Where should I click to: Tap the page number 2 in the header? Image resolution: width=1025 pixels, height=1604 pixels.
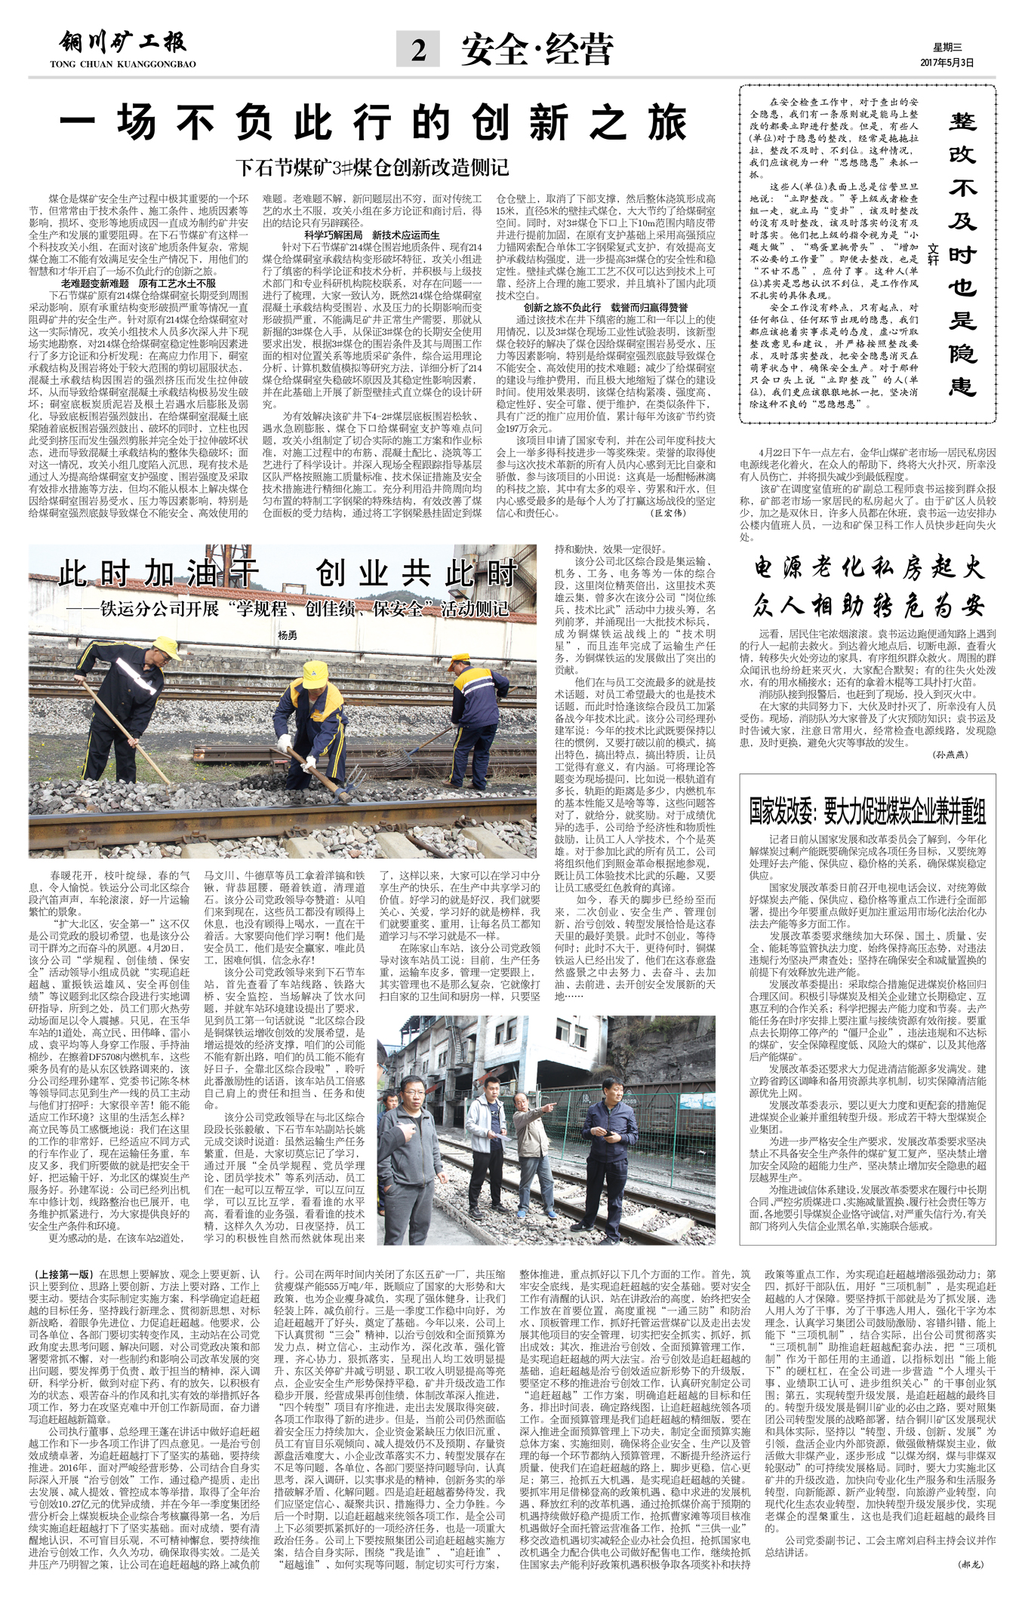click(418, 50)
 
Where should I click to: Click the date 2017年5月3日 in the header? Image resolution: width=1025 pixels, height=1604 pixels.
click(947, 63)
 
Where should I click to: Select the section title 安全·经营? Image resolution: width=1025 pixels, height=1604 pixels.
click(537, 50)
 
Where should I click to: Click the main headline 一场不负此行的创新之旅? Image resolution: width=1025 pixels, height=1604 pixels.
click(373, 123)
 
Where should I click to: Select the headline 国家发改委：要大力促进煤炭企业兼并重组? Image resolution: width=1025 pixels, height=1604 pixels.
click(867, 811)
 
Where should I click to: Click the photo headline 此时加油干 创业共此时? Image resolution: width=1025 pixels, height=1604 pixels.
click(287, 574)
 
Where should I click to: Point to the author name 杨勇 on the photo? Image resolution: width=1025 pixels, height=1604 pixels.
click(288, 635)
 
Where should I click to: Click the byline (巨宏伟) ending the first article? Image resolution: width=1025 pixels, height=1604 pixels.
click(669, 513)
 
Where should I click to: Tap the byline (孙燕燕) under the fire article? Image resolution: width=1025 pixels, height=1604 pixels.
click(950, 754)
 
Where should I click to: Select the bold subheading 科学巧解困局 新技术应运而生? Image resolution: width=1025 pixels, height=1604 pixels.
click(371, 235)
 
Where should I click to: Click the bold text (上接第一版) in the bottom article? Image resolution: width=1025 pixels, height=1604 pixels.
click(63, 1274)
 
